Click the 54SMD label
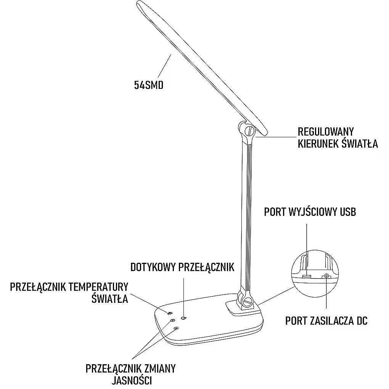pos(149,85)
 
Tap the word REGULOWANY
pos(325,132)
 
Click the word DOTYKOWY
pos(153,267)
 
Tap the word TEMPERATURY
pos(98,287)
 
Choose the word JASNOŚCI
pos(132,380)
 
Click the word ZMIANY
pos(159,368)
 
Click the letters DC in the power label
pos(362,321)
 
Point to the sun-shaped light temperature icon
pos(170,313)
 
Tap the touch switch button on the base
pos(184,318)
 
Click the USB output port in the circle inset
pos(307,276)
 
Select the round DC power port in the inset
pos(326,276)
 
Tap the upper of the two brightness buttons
pos(172,321)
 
